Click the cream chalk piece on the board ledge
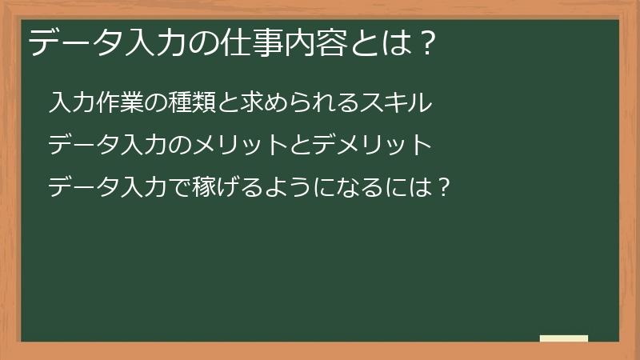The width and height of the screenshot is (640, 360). click(564, 338)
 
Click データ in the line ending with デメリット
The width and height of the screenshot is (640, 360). click(83, 145)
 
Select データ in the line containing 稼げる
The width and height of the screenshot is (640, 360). click(83, 188)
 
